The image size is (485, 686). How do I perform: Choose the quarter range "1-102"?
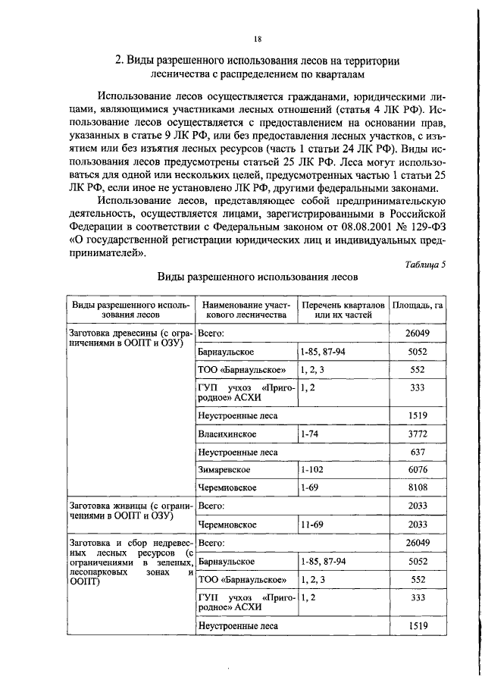[311, 471]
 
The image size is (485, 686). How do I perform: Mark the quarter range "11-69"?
[311, 525]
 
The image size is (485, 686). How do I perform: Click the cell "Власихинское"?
[227, 435]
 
